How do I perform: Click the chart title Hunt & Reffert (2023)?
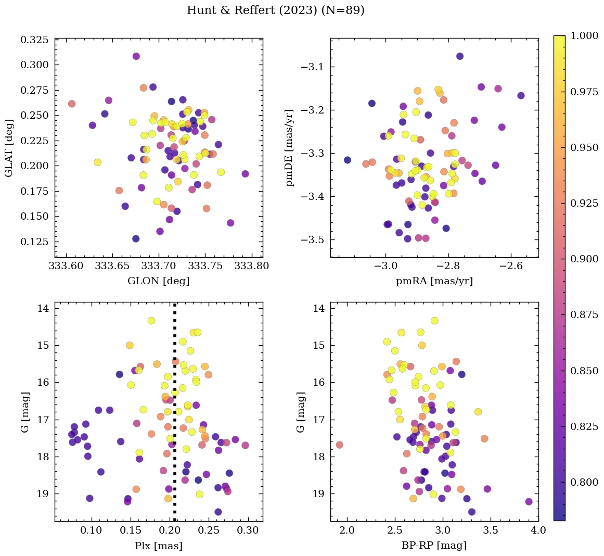275,10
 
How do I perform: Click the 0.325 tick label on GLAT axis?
34,40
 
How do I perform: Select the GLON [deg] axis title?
159,281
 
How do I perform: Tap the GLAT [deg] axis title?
9,148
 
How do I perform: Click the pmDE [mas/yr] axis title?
290,148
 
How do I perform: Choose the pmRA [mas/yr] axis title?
434,281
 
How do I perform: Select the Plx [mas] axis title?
159,546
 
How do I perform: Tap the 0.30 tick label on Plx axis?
248,530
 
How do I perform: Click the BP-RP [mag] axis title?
434,546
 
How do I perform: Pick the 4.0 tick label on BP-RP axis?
538,530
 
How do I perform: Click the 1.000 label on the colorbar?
585,36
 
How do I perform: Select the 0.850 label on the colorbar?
585,371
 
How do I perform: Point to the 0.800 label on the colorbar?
585,482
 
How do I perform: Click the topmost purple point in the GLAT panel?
136,56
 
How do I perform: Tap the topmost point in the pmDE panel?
459,56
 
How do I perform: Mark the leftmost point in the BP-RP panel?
340,445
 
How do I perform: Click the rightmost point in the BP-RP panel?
529,502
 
